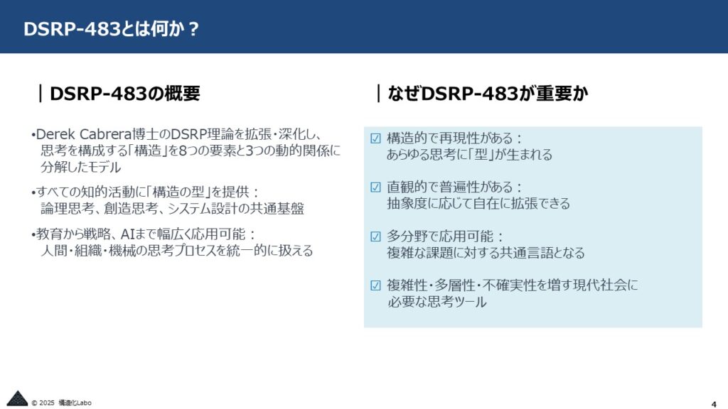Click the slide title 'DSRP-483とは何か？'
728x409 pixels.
pyautogui.click(x=112, y=28)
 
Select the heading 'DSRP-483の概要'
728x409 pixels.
pyautogui.click(x=125, y=93)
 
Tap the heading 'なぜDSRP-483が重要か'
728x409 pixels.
pyautogui.click(x=488, y=93)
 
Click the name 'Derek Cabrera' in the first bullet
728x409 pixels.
pyautogui.click(x=84, y=134)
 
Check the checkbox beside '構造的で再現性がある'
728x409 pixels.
pyautogui.click(x=375, y=138)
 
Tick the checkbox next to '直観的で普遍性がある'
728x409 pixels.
pyautogui.click(x=375, y=187)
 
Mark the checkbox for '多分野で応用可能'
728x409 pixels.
pyautogui.click(x=375, y=236)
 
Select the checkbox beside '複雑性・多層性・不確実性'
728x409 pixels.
pyautogui.click(x=375, y=285)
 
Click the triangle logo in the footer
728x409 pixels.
pyautogui.click(x=17, y=398)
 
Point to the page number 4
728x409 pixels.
pyautogui.click(x=714, y=404)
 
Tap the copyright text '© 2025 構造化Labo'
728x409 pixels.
pyautogui.click(x=61, y=403)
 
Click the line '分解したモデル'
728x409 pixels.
pyautogui.click(x=81, y=167)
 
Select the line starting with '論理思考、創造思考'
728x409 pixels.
pyautogui.click(x=172, y=209)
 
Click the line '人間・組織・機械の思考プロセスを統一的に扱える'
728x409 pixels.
pyautogui.click(x=177, y=251)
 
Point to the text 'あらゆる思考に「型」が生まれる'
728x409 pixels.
pyautogui.click(x=469, y=154)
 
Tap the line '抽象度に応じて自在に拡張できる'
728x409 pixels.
pyautogui.click(x=478, y=204)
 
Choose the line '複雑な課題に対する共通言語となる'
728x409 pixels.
pyautogui.click(x=486, y=253)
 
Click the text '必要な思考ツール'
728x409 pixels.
pyautogui.click(x=437, y=302)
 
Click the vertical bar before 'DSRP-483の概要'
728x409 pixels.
pyautogui.click(x=41, y=93)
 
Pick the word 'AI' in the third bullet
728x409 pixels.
pyautogui.click(x=127, y=234)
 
